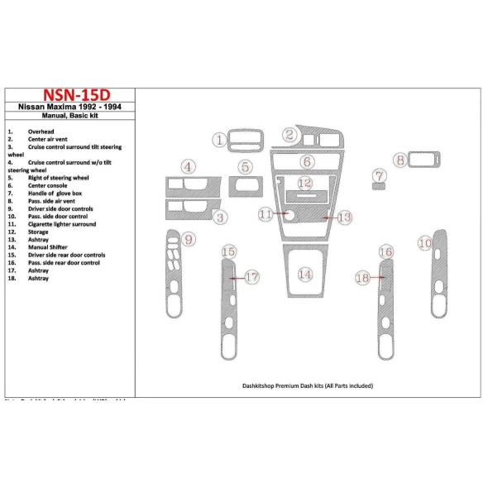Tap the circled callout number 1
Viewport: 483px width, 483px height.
(220, 141)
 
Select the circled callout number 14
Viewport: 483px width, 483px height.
(305, 274)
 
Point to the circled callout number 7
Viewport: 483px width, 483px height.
(379, 176)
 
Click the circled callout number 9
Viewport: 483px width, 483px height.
(190, 241)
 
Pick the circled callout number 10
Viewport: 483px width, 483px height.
(424, 243)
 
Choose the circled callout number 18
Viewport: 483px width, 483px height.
(361, 279)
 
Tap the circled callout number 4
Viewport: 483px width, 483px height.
(189, 168)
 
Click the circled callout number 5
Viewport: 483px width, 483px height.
(246, 168)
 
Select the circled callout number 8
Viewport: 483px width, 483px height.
(400, 160)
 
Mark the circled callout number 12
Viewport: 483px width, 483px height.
(305, 183)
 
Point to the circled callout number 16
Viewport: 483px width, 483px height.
(385, 251)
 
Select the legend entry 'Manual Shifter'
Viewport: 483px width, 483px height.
(50, 247)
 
